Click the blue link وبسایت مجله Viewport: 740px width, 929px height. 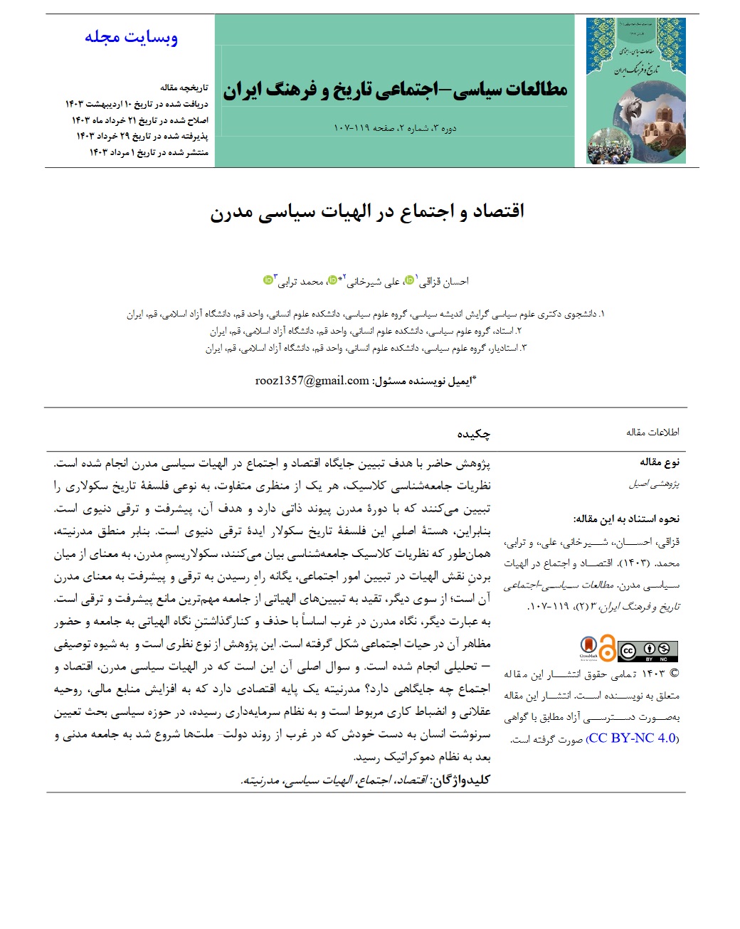point(131,37)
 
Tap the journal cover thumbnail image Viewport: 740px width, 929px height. point(635,91)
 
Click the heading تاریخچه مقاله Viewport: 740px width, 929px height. point(184,87)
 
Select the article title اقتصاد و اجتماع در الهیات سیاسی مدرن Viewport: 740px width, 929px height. point(367,212)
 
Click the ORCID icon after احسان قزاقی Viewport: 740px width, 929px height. point(409,280)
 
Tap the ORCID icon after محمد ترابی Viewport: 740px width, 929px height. point(268,280)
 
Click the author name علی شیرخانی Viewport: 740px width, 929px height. point(373,282)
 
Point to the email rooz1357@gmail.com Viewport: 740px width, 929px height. point(312,381)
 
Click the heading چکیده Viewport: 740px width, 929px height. point(473,433)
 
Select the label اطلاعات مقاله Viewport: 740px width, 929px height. point(652,432)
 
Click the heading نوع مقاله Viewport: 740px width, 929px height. point(660,462)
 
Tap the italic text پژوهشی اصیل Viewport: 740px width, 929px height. point(654,484)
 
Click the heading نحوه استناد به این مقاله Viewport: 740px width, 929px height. point(626,519)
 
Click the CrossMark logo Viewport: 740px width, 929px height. point(588,648)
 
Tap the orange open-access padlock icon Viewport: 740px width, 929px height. point(606,649)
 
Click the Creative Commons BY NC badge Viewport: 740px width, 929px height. point(647,651)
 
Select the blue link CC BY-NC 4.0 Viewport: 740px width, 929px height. point(632,738)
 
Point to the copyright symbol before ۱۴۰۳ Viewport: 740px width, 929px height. point(674,673)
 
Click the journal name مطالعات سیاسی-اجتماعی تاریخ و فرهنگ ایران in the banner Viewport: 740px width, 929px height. point(395,90)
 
